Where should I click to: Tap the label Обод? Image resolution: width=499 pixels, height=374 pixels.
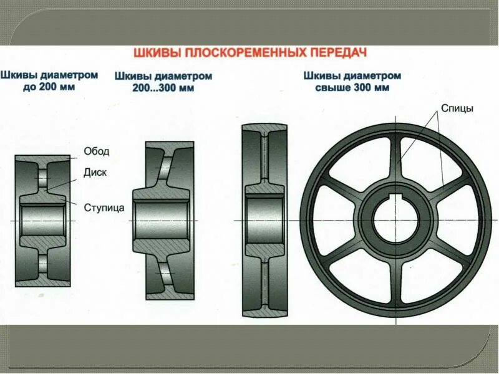[97, 151]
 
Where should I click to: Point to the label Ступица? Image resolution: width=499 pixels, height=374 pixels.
[104, 206]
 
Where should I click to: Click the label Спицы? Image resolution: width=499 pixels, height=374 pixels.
[457, 108]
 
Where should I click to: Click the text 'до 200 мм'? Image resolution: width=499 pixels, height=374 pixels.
[49, 87]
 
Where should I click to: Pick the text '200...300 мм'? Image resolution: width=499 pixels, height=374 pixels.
[163, 89]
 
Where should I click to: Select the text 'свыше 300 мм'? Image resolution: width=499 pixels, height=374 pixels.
[352, 88]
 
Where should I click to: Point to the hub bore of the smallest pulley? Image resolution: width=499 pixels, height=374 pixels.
[43, 221]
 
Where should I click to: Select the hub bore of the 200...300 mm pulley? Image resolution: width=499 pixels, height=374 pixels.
[162, 221]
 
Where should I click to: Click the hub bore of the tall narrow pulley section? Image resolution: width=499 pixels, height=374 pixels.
[265, 221]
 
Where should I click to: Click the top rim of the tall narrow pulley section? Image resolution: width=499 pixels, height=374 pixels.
[265, 130]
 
